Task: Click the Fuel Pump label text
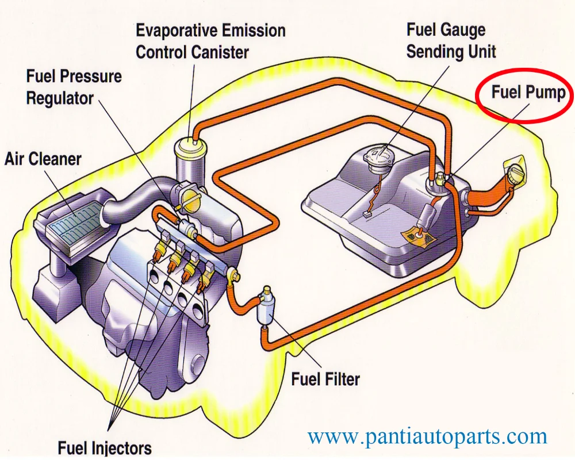tap(528, 93)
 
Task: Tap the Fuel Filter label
tap(325, 379)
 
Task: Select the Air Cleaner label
tap(43, 159)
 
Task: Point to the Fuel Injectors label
tap(105, 448)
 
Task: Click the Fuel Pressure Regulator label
tap(74, 87)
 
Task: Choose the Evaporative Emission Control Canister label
tap(210, 41)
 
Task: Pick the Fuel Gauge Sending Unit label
tap(451, 40)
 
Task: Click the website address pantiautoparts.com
tap(427, 436)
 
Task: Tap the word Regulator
tap(60, 98)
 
